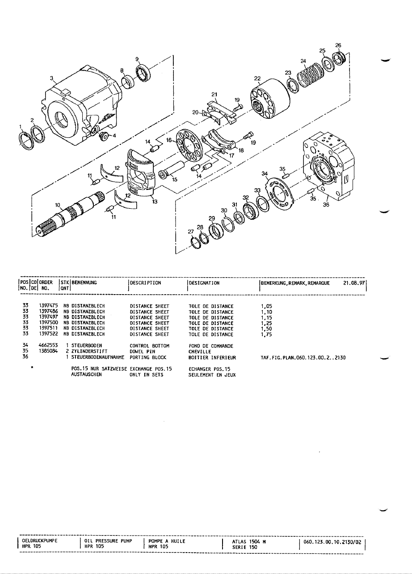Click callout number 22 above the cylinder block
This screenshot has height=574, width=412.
[257, 78]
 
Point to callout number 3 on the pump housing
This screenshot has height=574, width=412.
[51, 78]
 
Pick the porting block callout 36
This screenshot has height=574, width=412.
[326, 204]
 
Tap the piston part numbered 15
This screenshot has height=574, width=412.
[172, 169]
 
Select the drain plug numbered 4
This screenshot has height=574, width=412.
[104, 136]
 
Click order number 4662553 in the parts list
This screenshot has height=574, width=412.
[48, 345]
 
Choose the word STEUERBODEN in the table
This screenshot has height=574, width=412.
[87, 346]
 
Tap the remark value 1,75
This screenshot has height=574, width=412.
[266, 334]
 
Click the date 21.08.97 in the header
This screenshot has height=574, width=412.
[354, 283]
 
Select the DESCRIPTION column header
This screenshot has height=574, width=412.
[146, 283]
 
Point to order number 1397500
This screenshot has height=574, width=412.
[48, 322]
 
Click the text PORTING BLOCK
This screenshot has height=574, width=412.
[148, 357]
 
